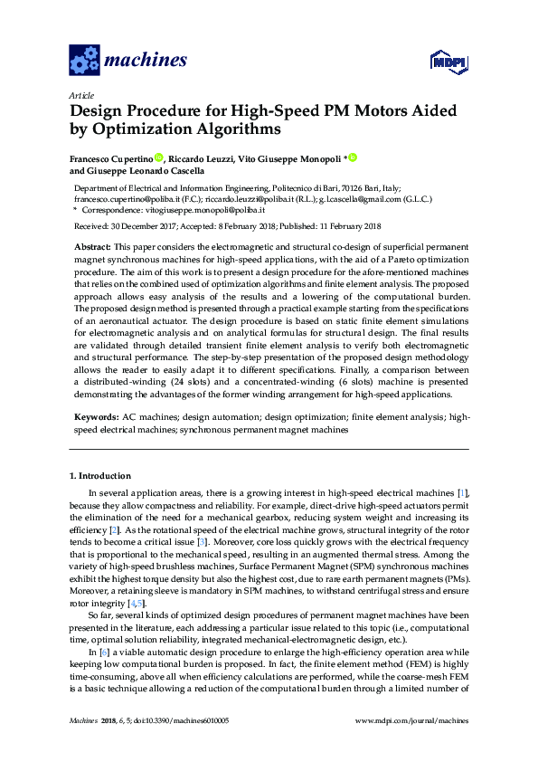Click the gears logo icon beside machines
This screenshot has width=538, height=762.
(84, 61)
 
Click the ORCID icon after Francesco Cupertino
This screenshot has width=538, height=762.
(159, 157)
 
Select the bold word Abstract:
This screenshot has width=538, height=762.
(90, 247)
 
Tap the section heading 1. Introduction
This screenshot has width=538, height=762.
(100, 475)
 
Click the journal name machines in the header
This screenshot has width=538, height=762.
(146, 61)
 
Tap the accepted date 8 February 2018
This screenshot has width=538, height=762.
(243, 226)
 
